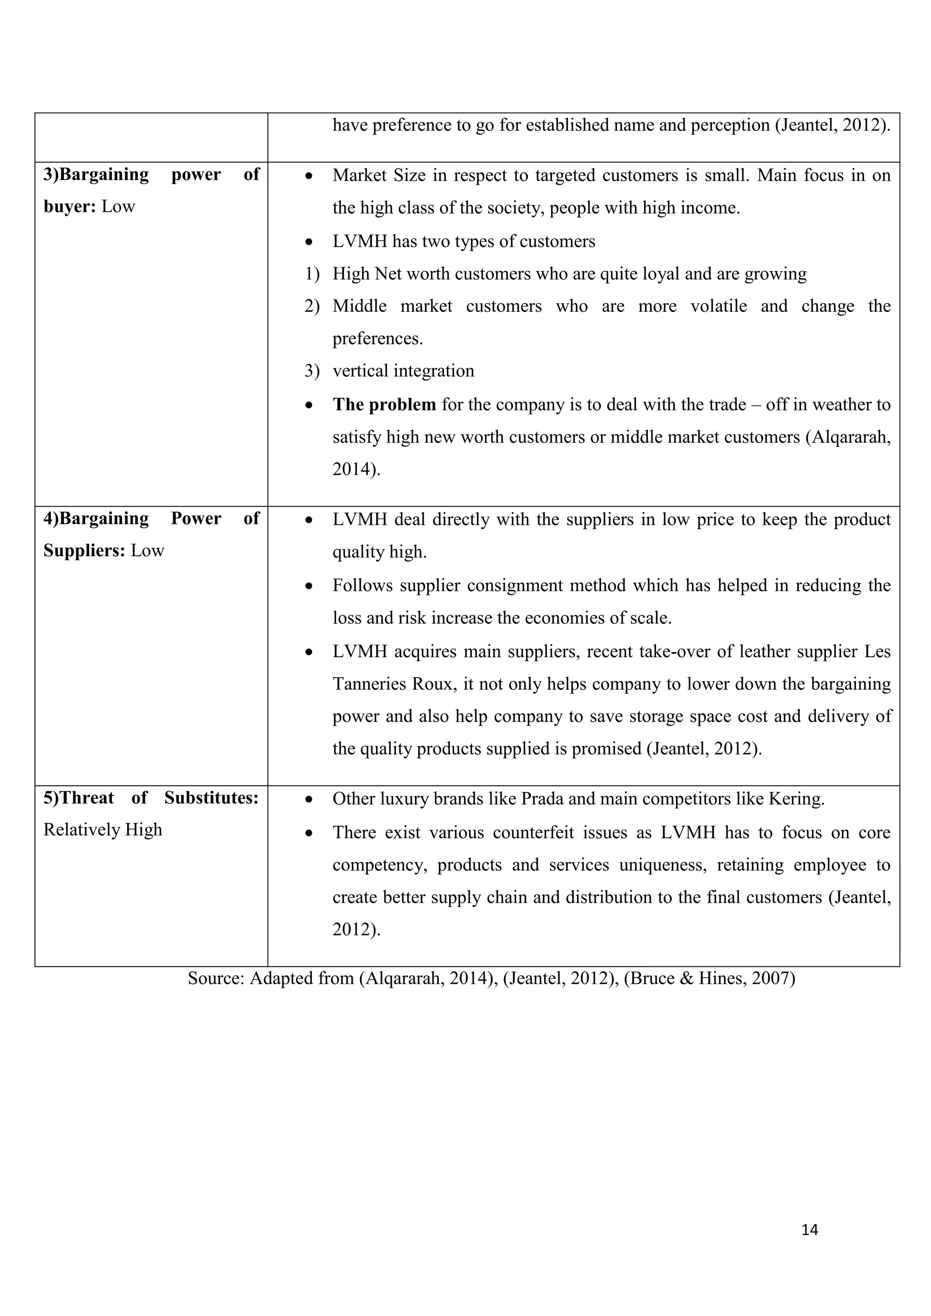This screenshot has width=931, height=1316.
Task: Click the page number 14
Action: [810, 1230]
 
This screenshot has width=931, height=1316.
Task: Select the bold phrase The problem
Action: [384, 404]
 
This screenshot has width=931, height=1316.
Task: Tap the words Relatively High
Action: [103, 830]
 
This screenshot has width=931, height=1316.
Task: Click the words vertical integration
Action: [403, 371]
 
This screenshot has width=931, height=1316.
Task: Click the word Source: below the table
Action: [216, 978]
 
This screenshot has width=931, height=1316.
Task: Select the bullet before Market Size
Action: [309, 176]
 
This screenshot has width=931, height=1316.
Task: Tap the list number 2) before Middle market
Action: [311, 306]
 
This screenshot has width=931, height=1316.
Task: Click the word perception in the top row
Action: [730, 125]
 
